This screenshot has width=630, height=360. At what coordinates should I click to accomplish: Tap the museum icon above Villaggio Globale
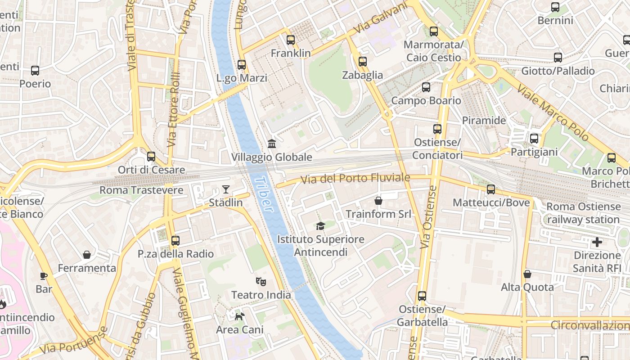[272, 144]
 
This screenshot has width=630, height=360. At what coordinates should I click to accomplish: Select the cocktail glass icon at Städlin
[225, 189]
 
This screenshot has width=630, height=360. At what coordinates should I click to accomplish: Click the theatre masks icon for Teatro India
[261, 282]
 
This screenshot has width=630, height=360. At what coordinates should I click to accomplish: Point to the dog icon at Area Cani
[239, 316]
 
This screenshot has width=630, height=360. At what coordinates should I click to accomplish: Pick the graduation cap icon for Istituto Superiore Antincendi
[320, 226]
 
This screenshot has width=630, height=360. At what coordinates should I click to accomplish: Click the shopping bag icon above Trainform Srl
[378, 201]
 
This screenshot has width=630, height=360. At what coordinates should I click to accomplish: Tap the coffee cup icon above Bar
[44, 276]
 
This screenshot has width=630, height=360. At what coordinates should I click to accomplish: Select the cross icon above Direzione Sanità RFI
[597, 243]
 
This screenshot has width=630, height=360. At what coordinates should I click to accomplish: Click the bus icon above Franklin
[291, 40]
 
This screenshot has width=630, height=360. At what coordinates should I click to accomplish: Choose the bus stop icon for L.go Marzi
[242, 65]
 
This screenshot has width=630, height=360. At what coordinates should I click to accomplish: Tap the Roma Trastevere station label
[141, 190]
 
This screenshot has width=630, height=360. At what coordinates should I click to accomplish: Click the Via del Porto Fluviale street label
[355, 179]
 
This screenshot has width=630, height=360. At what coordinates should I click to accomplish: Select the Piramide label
[484, 121]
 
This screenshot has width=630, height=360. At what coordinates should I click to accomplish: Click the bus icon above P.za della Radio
[175, 241]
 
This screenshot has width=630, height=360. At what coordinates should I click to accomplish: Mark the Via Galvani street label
[380, 18]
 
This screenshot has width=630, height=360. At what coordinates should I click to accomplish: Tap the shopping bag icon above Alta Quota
[527, 274]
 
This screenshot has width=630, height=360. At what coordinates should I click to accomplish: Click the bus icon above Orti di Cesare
[151, 157]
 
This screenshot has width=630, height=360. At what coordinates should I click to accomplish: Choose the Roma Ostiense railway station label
[583, 213]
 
